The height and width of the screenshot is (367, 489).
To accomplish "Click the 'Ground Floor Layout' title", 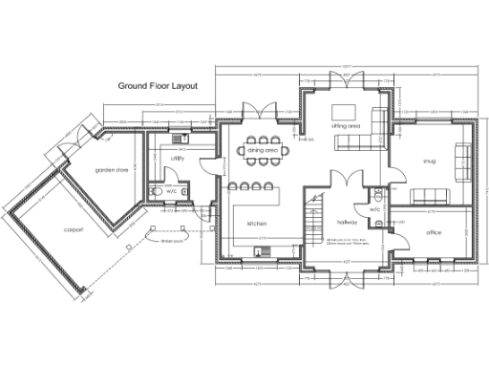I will pyautogui.click(x=158, y=85).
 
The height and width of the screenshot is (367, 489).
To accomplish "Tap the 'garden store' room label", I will pyautogui.click(x=112, y=169).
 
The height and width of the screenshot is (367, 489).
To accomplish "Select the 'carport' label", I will pyautogui.click(x=74, y=230).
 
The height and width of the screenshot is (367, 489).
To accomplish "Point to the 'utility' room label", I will pyautogui.click(x=178, y=158).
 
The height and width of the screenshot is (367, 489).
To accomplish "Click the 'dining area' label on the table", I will pyautogui.click(x=263, y=151).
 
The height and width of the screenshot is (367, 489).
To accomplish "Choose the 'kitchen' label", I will pyautogui.click(x=256, y=223).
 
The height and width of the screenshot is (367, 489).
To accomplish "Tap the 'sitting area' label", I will pyautogui.click(x=346, y=125).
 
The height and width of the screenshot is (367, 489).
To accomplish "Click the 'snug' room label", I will pyautogui.click(x=429, y=162).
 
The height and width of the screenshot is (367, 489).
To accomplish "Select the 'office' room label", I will pyautogui.click(x=434, y=232).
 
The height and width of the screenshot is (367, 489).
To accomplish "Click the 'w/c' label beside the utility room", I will pyautogui.click(x=172, y=191).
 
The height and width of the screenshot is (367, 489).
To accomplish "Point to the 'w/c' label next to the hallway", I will pyautogui.click(x=374, y=208).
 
